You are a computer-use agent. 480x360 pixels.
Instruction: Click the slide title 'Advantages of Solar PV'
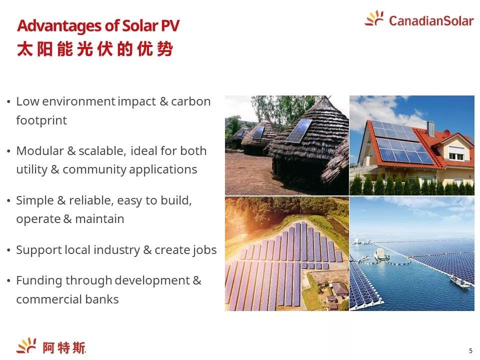pos(98,25)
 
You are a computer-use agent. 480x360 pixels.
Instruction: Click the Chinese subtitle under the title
pos(95,49)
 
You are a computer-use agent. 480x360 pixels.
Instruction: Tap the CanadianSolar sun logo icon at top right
pos(374,18)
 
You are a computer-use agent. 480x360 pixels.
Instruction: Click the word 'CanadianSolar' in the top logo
pos(431,21)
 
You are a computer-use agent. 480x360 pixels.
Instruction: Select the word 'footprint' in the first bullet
pos(41,120)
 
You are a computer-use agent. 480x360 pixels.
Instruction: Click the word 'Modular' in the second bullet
pos(40,150)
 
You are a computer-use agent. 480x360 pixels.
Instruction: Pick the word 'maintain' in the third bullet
pos(99,219)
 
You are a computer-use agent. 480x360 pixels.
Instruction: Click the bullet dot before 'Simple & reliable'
pos(8,201)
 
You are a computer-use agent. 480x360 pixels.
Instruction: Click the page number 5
pos(470,351)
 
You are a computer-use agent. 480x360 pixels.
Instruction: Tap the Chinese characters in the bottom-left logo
pos(63,348)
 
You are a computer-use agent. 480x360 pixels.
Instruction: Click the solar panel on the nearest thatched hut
pos(298,131)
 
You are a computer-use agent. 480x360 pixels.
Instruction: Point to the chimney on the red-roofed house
pos(430,128)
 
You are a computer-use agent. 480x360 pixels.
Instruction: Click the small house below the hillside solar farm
pos(339,289)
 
